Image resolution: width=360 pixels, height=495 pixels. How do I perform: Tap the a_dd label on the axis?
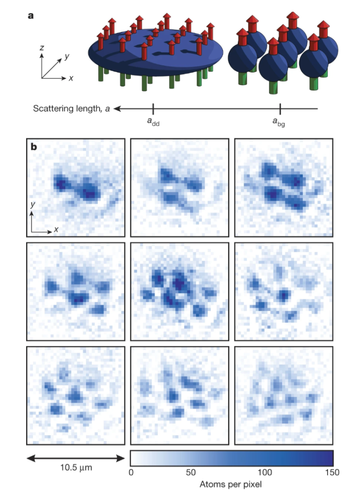tap(153, 122)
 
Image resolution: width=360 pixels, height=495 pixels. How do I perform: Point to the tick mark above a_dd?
tap(153, 109)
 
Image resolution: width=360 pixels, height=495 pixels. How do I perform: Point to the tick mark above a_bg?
tap(280, 109)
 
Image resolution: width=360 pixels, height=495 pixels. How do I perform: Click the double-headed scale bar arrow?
tap(75, 457)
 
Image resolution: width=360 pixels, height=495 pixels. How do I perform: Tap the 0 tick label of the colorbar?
tap(131, 471)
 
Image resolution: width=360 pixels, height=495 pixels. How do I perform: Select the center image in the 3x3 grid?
tap(180, 289)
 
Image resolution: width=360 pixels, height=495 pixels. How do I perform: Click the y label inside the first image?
tap(32, 205)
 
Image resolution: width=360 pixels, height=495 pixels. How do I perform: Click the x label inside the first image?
tap(56, 229)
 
